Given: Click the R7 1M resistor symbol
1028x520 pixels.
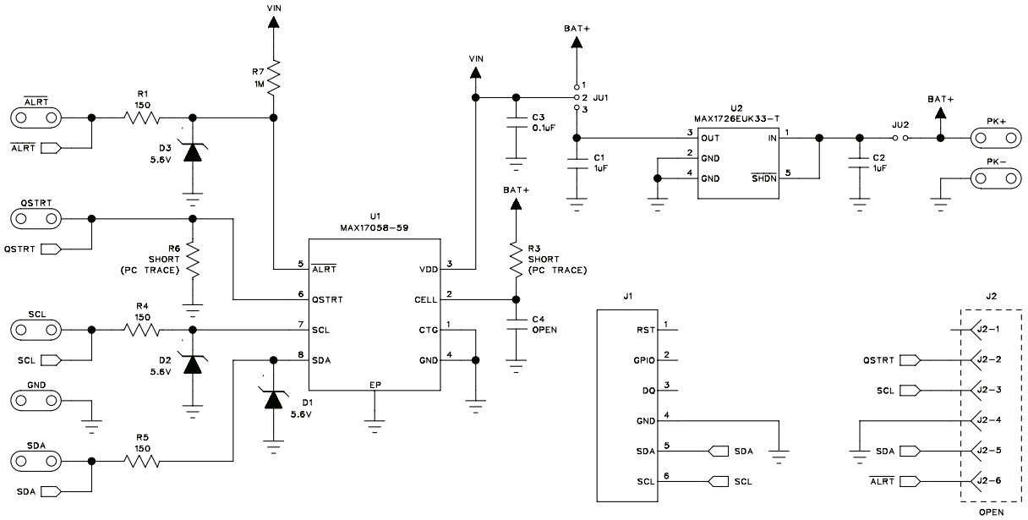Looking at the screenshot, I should point(273,76).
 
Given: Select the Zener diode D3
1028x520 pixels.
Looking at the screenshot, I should point(193,152).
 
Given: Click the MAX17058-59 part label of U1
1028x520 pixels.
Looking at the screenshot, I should point(373,227).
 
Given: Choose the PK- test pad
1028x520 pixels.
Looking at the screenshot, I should point(993,178).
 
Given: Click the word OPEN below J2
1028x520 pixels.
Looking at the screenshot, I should point(990,512).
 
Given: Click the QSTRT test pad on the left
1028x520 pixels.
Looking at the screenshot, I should point(36,219).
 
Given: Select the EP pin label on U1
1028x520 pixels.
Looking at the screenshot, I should point(375,385).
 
